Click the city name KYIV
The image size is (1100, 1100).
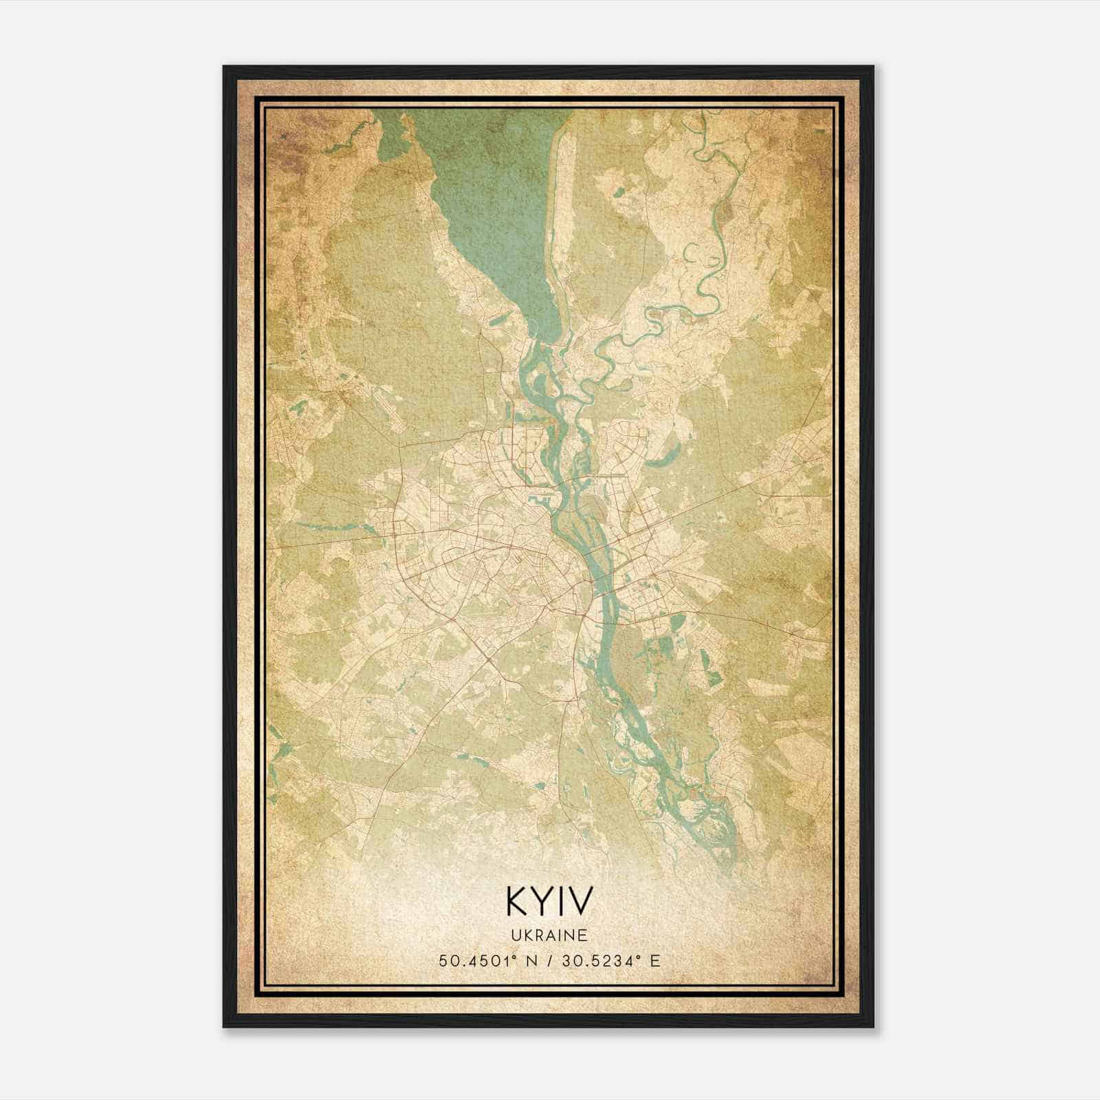point(549,901)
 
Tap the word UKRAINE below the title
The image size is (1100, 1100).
point(549,936)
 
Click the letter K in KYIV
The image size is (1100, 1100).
point(517,901)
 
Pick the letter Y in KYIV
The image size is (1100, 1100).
point(543,901)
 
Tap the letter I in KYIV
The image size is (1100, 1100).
point(562,901)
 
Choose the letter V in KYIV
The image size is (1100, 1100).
point(580,901)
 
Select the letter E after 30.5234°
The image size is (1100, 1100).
point(654,960)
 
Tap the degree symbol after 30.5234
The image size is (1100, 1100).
point(641,956)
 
